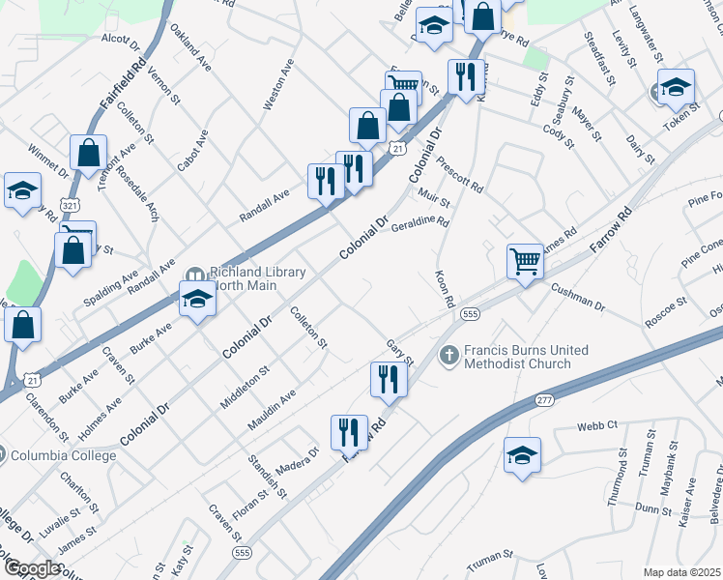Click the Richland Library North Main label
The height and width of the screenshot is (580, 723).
point(245,278)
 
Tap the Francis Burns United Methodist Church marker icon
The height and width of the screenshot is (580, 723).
point(448,356)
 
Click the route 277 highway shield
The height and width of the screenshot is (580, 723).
point(545,399)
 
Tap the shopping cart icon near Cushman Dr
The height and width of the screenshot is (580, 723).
point(524,261)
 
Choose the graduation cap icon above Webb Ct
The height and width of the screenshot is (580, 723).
point(522,456)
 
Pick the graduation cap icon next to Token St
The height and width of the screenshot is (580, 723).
point(676,88)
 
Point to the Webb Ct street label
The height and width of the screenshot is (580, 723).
point(597,425)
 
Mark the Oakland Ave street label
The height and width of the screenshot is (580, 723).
point(190,47)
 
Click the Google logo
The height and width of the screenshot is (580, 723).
point(32,568)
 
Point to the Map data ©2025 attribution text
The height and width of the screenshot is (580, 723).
point(681,572)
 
